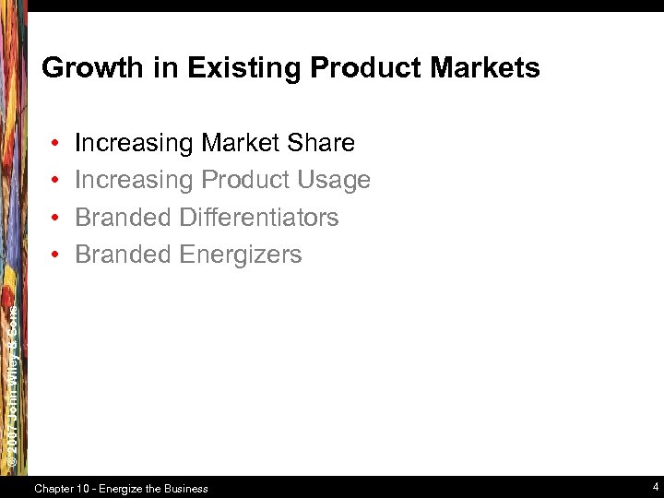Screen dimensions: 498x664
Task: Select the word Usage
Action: click(x=336, y=180)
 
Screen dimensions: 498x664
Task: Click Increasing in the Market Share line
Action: click(x=135, y=143)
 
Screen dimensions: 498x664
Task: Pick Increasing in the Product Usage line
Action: click(x=135, y=180)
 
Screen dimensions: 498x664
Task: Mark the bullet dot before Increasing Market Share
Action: click(x=57, y=144)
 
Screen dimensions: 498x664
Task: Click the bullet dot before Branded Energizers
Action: click(x=57, y=255)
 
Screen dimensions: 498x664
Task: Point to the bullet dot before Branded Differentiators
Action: click(x=57, y=219)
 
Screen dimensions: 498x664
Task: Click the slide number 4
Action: click(x=654, y=487)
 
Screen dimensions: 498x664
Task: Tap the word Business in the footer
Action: click(x=184, y=489)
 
